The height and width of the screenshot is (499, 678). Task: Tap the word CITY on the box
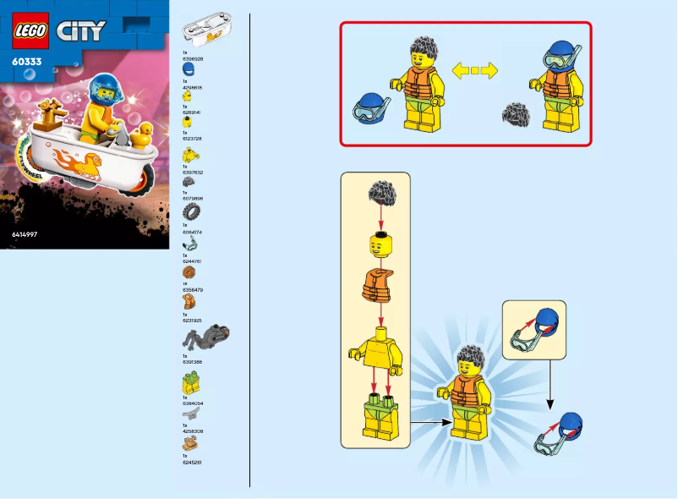pos(81,31)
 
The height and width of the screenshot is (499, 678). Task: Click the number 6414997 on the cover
pos(25,233)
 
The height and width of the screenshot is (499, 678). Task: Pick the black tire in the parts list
pos(192,210)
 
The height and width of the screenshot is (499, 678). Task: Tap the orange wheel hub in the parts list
pos(189,273)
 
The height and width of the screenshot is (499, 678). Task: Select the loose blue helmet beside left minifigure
pos(369,108)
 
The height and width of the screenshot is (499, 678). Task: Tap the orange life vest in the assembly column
pos(379,288)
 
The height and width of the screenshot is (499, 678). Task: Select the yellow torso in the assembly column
pos(378,351)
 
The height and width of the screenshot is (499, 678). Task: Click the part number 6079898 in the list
pos(193,199)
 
